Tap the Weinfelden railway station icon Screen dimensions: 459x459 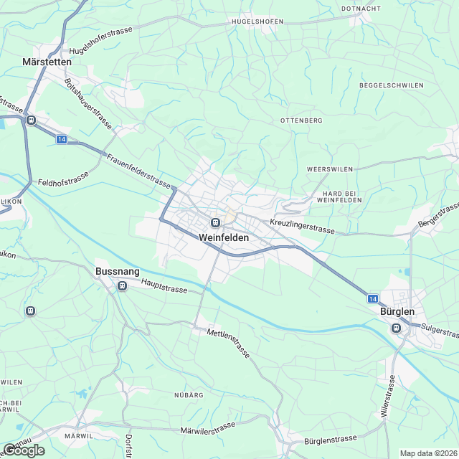(x=214, y=222)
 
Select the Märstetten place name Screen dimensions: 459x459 (x=51, y=62)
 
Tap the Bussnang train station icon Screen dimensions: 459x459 (x=122, y=286)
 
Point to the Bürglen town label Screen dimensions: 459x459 (x=398, y=313)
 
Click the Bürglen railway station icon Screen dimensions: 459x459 (x=396, y=328)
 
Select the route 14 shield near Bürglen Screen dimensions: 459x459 (x=372, y=298)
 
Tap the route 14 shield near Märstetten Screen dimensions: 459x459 (x=63, y=139)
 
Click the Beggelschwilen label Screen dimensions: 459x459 (x=391, y=85)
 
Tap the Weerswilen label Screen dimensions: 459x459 (x=330, y=169)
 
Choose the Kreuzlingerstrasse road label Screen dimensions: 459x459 (x=303, y=226)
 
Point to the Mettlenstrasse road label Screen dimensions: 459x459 (x=228, y=344)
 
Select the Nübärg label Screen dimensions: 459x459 (x=189, y=395)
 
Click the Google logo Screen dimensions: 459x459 (x=24, y=450)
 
